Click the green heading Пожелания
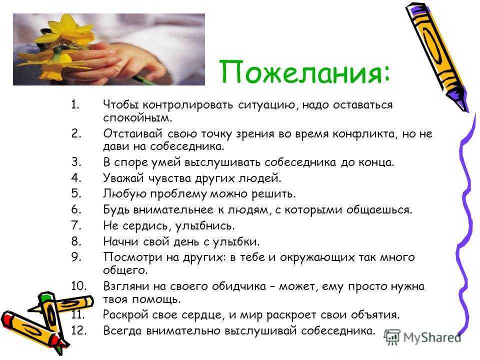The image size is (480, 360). point(305,72)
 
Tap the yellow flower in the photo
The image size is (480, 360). point(63,43)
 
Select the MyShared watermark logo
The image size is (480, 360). point(422,337)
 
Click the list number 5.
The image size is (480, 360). point(76,193)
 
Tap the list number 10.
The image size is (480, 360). point(79,286)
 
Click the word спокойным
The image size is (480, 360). point(138,118)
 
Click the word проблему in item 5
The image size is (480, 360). point(179,194)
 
